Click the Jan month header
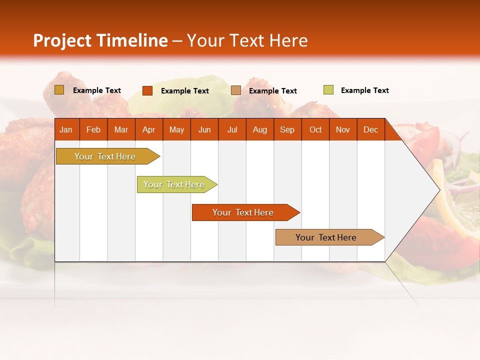click(66, 129)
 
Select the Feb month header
click(93, 129)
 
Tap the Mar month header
click(121, 129)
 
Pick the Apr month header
click(148, 129)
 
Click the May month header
click(176, 129)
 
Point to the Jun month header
click(204, 129)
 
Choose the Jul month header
click(232, 129)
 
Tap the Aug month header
click(259, 129)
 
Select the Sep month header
click(287, 129)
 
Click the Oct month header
click(315, 129)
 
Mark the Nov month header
click(343, 129)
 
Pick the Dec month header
click(370, 129)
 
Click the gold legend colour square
click(59, 90)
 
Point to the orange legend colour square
click(147, 90)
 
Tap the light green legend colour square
click(328, 90)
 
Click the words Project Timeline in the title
click(100, 40)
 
